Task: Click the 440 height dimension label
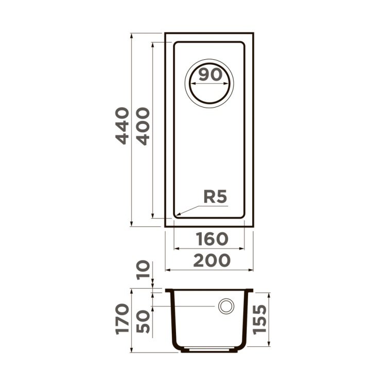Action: (121, 126)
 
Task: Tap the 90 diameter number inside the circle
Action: (210, 75)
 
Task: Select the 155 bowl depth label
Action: (261, 319)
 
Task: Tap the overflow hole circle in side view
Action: (225, 306)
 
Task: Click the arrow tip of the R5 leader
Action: (177, 214)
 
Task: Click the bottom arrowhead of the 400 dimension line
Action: (153, 216)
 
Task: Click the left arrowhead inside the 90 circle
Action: (191, 86)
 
